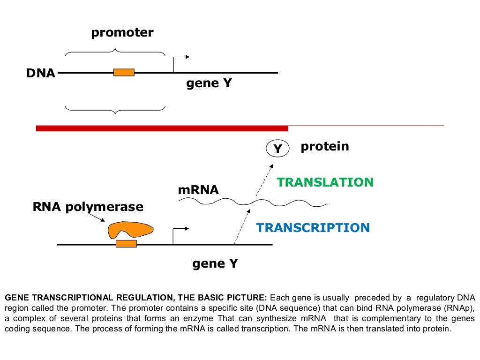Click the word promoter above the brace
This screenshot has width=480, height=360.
click(122, 33)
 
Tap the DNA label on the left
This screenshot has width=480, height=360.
click(41, 73)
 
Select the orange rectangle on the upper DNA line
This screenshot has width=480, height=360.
click(124, 72)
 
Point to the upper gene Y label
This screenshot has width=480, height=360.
click(209, 84)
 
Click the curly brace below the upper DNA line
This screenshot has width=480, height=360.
click(115, 109)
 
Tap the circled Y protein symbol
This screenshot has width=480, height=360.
click(277, 149)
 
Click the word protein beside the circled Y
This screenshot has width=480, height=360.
click(325, 146)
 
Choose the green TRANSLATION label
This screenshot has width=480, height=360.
click(325, 182)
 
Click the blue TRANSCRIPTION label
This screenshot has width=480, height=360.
click(313, 228)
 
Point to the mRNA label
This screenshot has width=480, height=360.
click(198, 190)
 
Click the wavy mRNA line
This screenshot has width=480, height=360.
click(253, 202)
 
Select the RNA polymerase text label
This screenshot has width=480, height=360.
click(88, 207)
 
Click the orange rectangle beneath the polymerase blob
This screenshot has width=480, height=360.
click(126, 244)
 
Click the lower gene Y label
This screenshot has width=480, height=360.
click(215, 264)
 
